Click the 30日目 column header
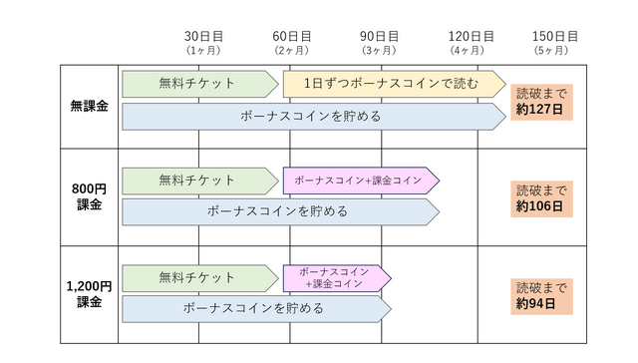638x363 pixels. point(202,41)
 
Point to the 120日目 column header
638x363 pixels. point(472,41)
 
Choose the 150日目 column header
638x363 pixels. point(555,41)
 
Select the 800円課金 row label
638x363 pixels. point(90,196)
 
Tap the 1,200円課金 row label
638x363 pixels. point(90,294)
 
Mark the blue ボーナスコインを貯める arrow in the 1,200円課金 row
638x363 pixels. point(255,308)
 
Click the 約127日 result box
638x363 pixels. point(539,103)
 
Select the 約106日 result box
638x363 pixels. point(539,197)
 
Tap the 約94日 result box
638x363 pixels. point(539,295)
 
